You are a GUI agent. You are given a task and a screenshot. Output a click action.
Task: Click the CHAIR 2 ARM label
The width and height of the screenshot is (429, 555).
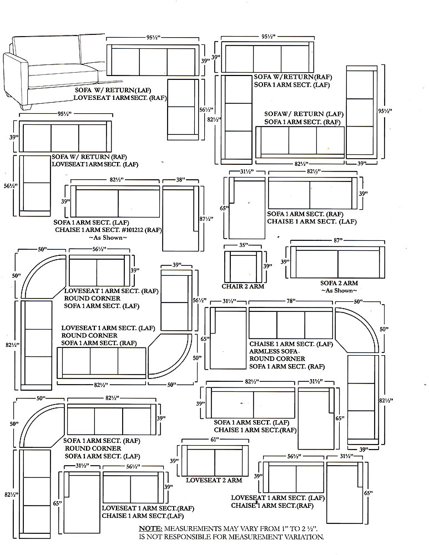(243, 286)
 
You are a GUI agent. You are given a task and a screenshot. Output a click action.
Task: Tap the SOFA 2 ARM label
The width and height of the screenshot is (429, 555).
(339, 283)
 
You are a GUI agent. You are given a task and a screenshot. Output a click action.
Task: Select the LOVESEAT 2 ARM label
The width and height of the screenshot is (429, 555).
(214, 480)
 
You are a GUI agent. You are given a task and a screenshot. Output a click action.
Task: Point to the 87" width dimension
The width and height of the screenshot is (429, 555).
(338, 240)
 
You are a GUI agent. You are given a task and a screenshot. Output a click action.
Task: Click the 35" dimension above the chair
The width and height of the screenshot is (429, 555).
(244, 245)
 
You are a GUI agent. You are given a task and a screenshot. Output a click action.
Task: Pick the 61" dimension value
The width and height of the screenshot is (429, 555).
(215, 439)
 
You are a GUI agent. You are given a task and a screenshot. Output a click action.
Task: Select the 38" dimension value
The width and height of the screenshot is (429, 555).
(180, 180)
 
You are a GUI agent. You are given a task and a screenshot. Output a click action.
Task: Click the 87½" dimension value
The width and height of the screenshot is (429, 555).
(206, 219)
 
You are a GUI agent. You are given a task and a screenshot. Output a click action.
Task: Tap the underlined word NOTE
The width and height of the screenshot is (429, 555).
(150, 528)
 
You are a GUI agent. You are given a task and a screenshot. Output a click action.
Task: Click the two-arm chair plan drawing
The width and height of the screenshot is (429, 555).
(243, 266)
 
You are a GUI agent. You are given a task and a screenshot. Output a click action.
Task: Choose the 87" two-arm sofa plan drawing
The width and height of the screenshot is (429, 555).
(337, 263)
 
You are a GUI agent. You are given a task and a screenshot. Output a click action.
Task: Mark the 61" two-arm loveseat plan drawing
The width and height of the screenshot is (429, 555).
(215, 461)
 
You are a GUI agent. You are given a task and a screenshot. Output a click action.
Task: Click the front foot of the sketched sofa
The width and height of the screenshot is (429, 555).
(27, 106)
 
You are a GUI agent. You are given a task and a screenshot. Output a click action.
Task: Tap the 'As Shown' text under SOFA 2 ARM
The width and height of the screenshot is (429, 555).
(339, 291)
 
